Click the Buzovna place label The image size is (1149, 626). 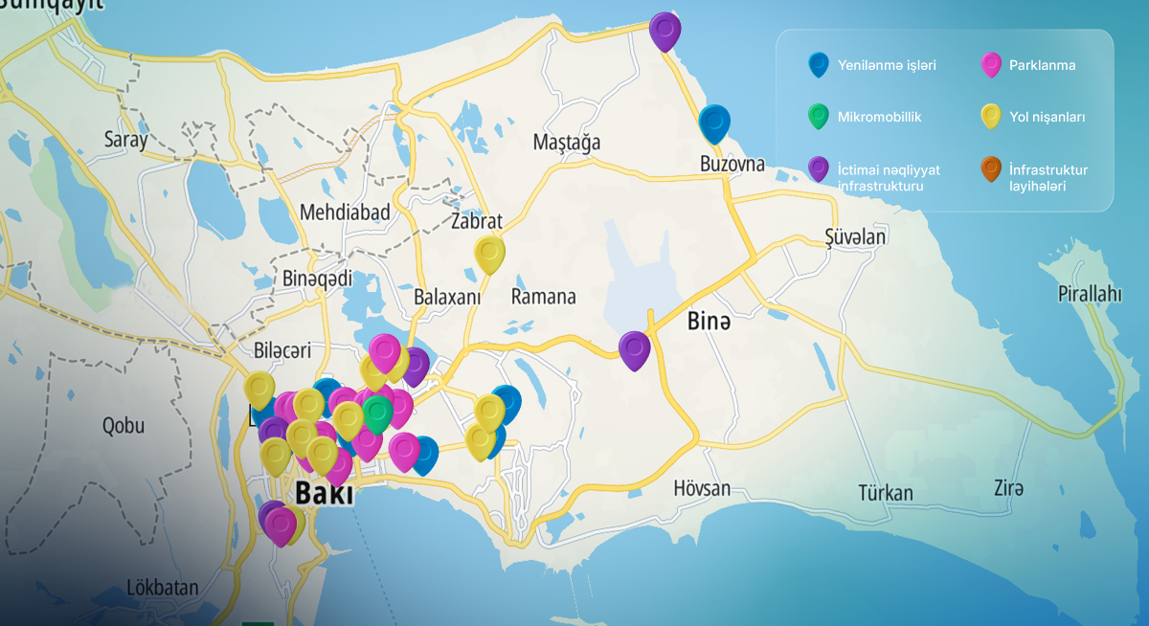point(732,164)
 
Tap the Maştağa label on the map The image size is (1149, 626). point(567,143)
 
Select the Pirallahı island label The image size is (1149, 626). point(1089,294)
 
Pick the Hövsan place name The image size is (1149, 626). point(701,488)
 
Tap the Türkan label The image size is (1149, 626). point(885,493)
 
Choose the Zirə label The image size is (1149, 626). point(1008,488)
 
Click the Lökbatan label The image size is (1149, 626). point(162,587)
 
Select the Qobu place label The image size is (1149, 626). point(123,426)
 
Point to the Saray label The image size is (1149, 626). point(126,140)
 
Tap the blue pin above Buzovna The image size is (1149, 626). point(714,123)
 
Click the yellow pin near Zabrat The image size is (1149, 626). point(489,254)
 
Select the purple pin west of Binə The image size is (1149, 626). point(634,348)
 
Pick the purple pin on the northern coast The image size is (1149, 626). point(665,30)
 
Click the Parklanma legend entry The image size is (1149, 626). point(1042,66)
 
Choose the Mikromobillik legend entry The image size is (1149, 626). point(879,117)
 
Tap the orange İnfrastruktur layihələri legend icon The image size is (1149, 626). point(992,169)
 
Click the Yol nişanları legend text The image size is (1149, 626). point(1047,117)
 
